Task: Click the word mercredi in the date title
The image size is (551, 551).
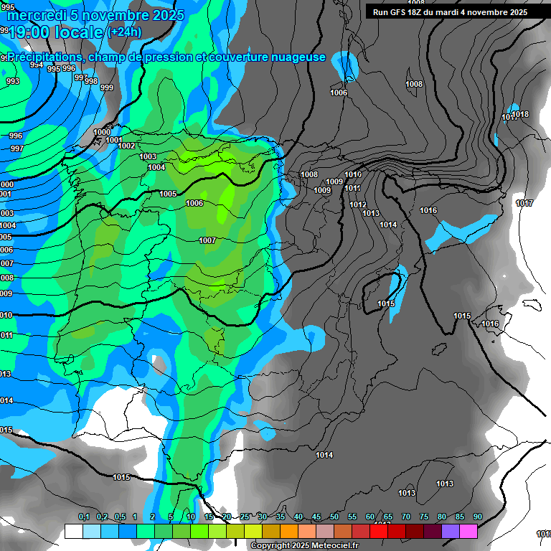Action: click(x=38, y=15)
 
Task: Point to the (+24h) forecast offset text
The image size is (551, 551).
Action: click(x=124, y=32)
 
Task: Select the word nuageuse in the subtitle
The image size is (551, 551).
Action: click(x=293, y=57)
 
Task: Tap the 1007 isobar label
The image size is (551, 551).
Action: click(x=207, y=240)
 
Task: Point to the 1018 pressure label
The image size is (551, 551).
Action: click(x=521, y=115)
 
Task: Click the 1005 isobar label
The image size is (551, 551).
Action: click(x=168, y=194)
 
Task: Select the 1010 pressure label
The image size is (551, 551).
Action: click(x=353, y=175)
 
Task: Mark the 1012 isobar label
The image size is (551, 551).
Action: click(x=358, y=205)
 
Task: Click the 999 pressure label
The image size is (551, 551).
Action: click(x=106, y=88)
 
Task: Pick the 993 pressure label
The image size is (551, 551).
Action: click(x=13, y=82)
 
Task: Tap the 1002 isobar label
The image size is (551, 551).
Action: click(x=126, y=146)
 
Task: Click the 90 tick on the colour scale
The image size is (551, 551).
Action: click(x=478, y=517)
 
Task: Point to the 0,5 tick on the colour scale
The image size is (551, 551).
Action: click(x=120, y=517)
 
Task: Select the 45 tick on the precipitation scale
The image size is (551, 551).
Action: click(x=316, y=517)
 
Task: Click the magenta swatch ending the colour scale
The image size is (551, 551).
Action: click(x=468, y=531)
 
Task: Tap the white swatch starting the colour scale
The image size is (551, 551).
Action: click(x=73, y=531)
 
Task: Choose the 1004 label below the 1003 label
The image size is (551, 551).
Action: click(x=156, y=167)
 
